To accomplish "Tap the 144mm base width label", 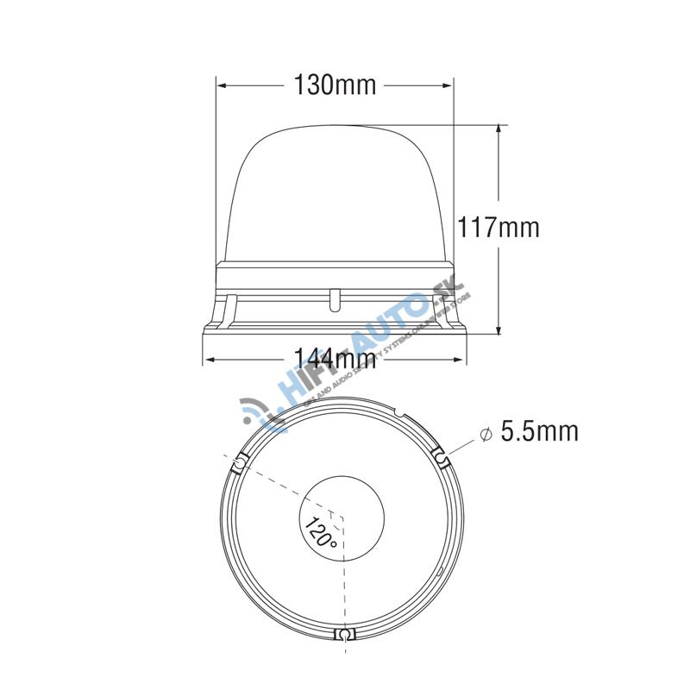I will coord(335,357).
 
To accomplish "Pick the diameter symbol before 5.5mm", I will coord(486,433).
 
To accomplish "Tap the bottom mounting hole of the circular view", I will coord(343,635).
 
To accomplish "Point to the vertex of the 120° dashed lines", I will coord(343,518).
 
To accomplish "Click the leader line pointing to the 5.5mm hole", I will coord(460,448).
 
